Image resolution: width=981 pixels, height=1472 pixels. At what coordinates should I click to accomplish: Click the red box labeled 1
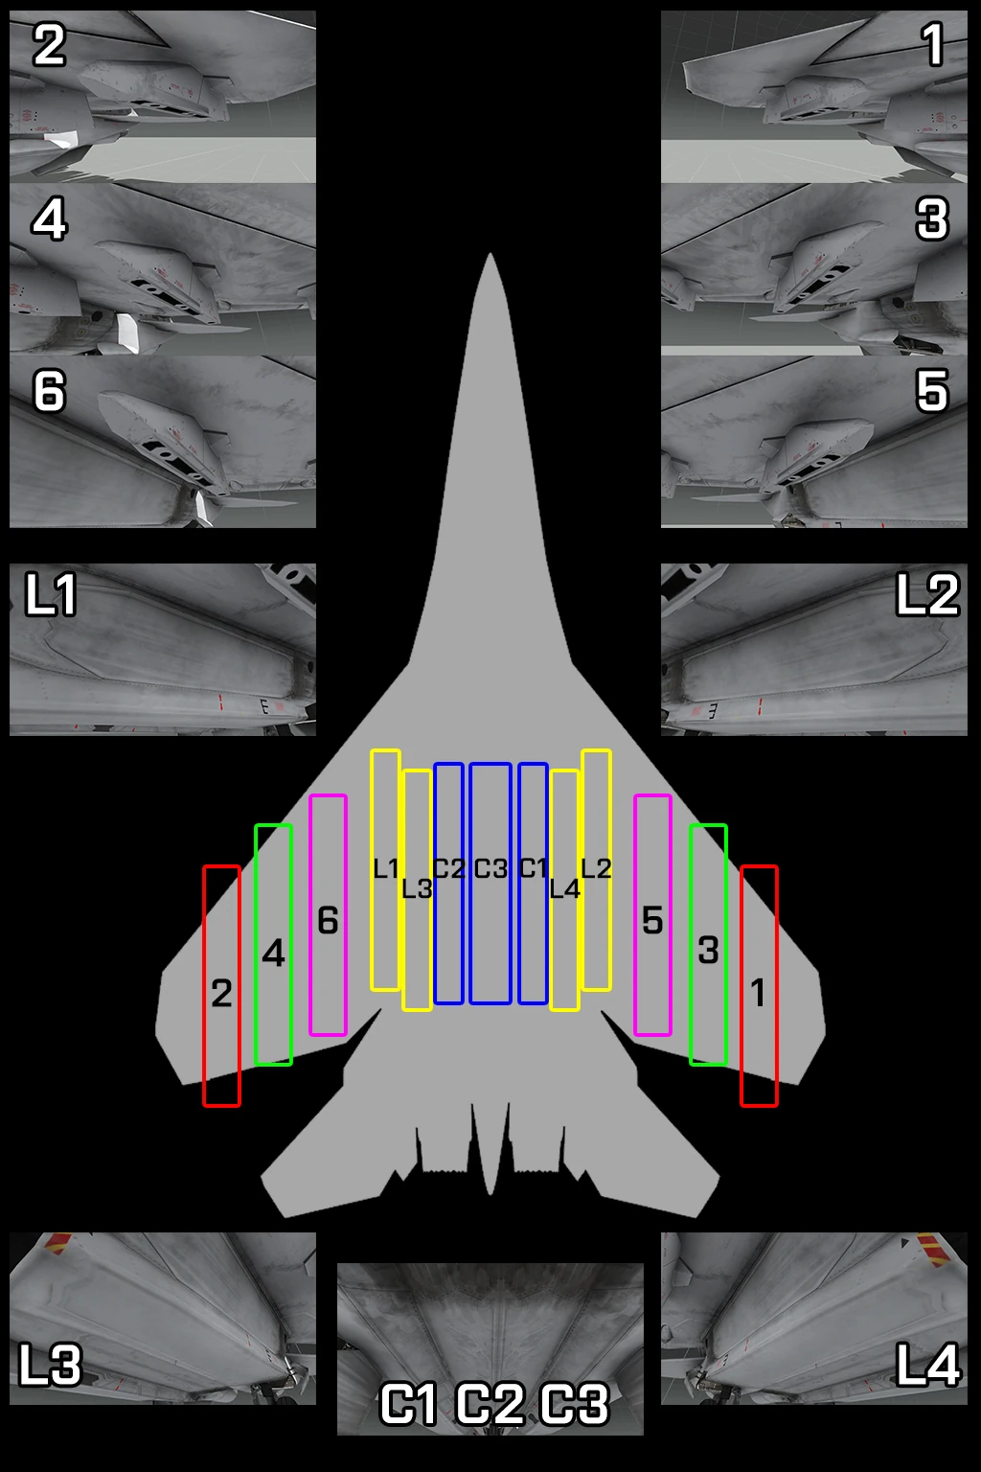point(759,986)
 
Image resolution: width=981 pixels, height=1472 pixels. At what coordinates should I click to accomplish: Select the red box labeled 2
point(221,986)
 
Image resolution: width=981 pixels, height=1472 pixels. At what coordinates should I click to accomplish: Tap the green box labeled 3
point(708,944)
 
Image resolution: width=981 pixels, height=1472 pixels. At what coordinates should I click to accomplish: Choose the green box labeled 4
point(273,944)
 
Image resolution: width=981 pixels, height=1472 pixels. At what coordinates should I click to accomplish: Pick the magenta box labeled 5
point(652,915)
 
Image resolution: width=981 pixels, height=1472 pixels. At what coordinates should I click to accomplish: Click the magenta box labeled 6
point(328,915)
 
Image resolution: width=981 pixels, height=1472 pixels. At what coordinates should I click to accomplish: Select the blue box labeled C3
point(490,884)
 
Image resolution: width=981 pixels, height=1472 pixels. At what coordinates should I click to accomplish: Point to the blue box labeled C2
point(448,884)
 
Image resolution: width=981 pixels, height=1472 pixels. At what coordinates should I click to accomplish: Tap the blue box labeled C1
point(533,884)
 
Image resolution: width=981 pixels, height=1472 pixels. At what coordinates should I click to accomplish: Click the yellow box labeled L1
point(385,870)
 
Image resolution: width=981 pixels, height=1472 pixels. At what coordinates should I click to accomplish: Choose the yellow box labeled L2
point(596,870)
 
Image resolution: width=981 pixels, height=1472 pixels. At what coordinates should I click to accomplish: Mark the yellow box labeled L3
point(417,890)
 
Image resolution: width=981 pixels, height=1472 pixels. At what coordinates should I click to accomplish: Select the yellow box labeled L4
point(564,890)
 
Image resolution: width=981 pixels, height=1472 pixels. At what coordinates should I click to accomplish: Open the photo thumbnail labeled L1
point(163,650)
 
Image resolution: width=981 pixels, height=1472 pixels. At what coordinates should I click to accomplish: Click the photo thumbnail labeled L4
point(814,1319)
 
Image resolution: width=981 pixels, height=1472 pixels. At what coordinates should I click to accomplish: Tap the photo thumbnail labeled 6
point(163,442)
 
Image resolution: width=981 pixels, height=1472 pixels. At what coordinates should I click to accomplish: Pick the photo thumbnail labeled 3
point(814,269)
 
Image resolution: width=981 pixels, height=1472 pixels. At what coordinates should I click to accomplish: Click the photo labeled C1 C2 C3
point(490,1348)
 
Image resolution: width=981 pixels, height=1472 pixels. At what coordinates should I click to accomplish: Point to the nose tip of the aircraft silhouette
point(490,256)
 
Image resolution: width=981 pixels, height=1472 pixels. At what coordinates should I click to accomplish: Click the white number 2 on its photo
point(49,45)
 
